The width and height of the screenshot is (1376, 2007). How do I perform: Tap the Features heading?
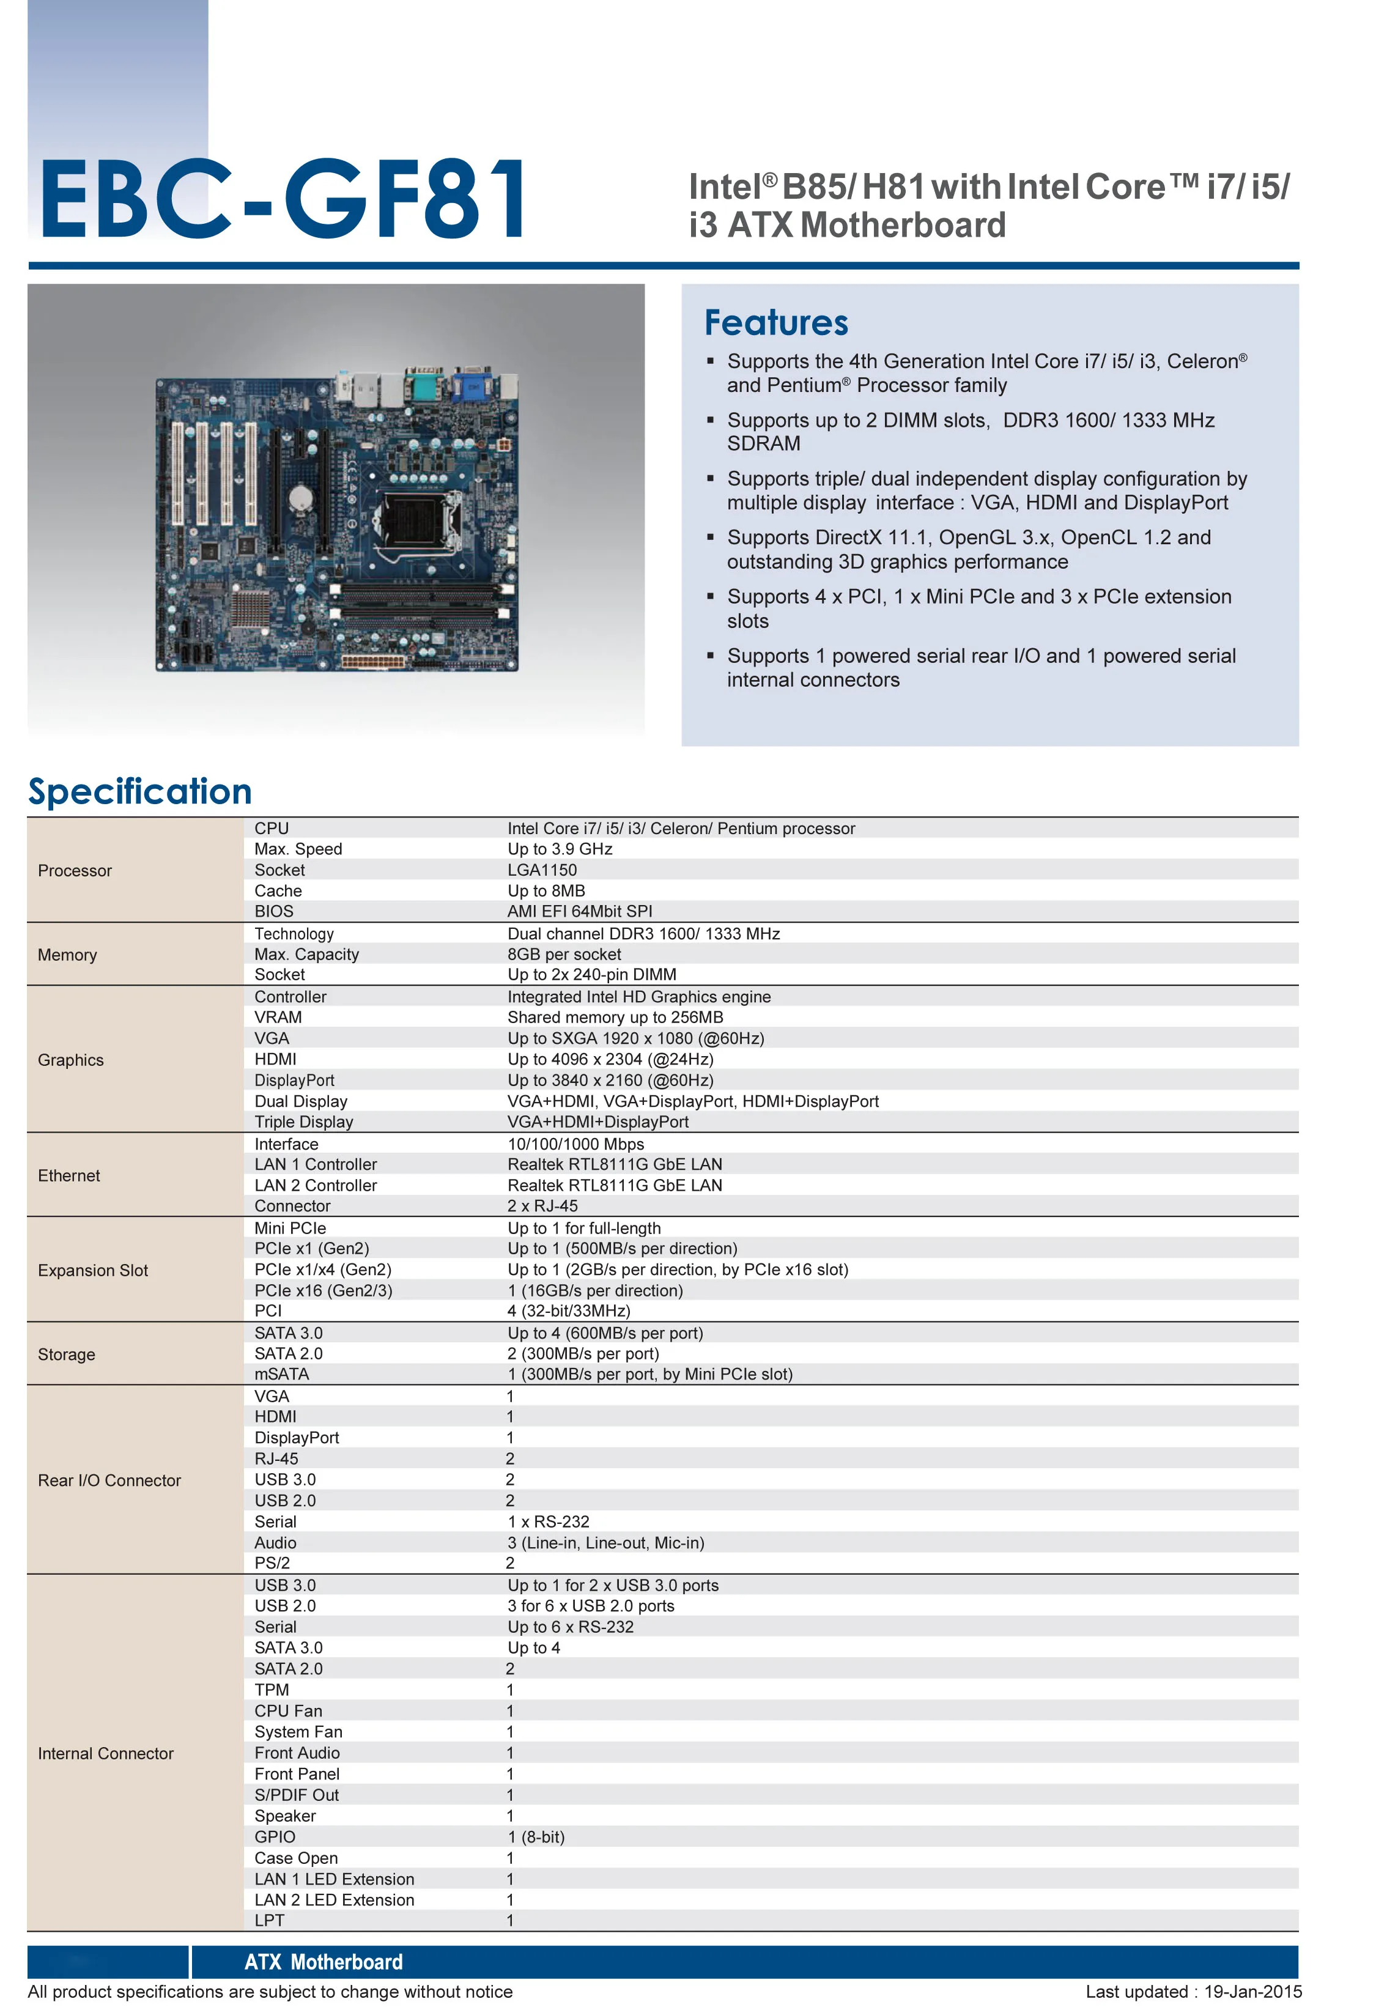pyautogui.click(x=775, y=322)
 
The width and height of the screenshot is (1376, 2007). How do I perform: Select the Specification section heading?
pyautogui.click(x=140, y=791)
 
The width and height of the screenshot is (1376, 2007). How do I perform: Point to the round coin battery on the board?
pyautogui.click(x=299, y=497)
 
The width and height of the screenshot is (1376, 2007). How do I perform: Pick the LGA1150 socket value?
pyautogui.click(x=542, y=870)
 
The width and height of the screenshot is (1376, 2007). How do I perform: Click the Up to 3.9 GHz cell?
pyautogui.click(x=560, y=849)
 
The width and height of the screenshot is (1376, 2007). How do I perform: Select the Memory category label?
pyautogui.click(x=67, y=955)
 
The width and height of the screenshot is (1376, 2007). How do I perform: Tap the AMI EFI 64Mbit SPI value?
pyautogui.click(x=580, y=911)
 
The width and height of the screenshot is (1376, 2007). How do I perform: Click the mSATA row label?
pyautogui.click(x=281, y=1374)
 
